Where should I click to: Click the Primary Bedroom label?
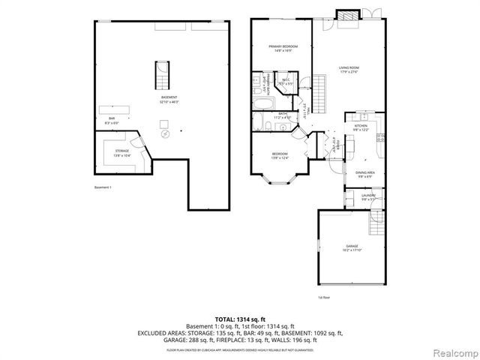click(x=281, y=48)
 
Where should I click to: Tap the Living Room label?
click(x=349, y=68)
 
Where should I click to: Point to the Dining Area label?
click(x=355, y=174)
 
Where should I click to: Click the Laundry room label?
click(x=368, y=196)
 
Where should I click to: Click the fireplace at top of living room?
click(x=347, y=16)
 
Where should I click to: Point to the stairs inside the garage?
click(x=375, y=220)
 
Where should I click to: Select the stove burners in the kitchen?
click(x=380, y=137)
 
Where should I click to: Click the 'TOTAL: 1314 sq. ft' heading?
click(x=239, y=319)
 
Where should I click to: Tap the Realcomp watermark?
click(x=452, y=352)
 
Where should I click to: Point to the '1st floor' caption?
click(x=323, y=298)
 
